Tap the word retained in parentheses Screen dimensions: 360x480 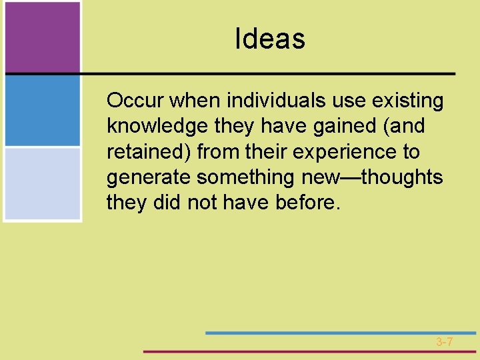[x=151, y=152]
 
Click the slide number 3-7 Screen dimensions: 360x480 [x=445, y=342]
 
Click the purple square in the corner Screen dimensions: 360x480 [x=42, y=37]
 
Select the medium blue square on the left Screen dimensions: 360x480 [x=42, y=111]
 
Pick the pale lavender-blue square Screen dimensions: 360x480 [x=42, y=183]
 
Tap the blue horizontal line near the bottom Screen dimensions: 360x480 [x=340, y=333]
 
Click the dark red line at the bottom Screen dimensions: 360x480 [x=310, y=351]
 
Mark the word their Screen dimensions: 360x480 [x=267, y=152]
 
